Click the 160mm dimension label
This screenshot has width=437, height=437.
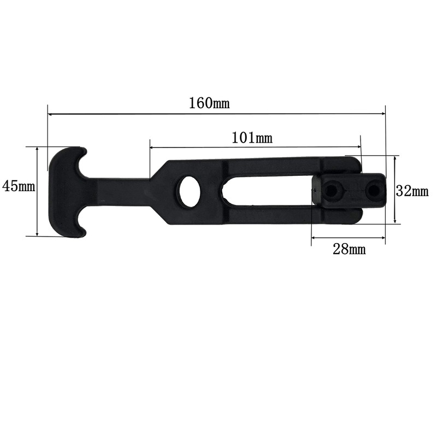209,103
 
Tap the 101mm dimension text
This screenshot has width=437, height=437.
252,138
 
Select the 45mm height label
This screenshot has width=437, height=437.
19,186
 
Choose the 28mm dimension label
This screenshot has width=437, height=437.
349,249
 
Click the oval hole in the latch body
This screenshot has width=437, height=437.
190,191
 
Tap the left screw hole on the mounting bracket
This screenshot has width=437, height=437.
331,191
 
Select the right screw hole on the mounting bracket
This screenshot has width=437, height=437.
373,190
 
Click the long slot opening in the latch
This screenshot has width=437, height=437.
268,191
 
